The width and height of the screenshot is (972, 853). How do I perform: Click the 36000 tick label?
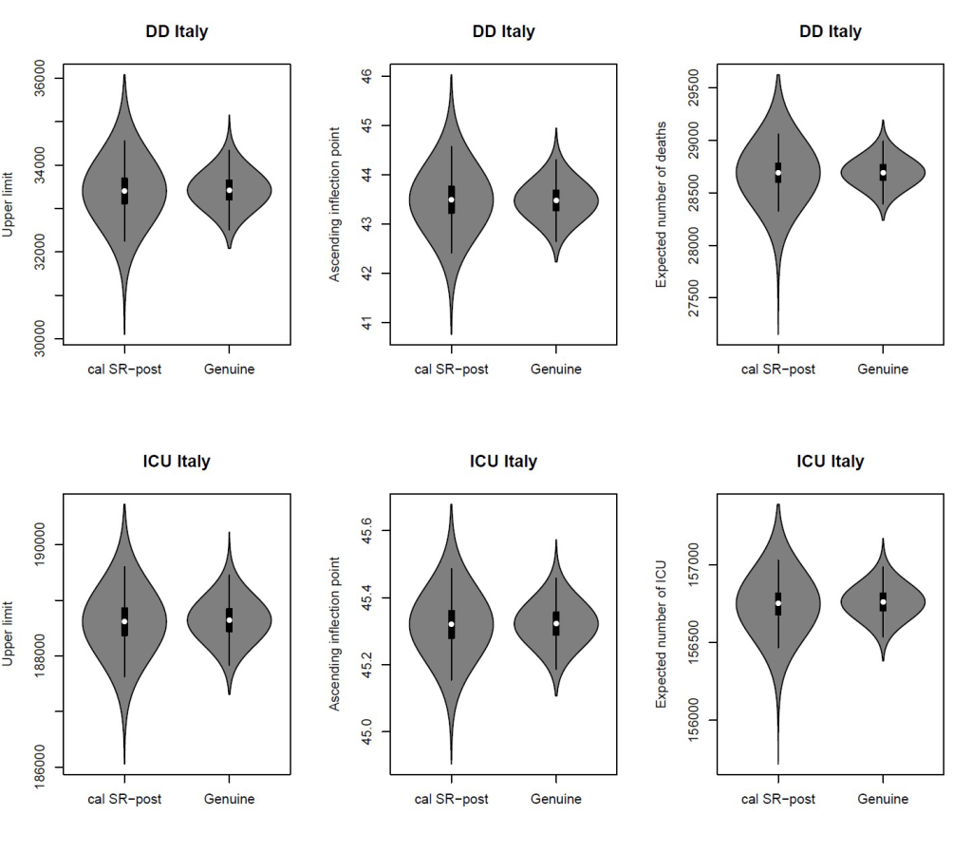click(40, 78)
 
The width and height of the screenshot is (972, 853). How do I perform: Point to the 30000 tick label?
click(40, 339)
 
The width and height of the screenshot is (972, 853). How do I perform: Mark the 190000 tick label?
click(40, 544)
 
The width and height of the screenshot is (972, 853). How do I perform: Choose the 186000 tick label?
click(40, 767)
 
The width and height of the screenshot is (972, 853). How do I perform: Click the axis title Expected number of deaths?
click(662, 204)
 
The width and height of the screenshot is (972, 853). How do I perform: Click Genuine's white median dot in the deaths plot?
click(883, 173)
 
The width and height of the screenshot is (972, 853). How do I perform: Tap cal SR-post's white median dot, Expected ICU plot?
click(778, 603)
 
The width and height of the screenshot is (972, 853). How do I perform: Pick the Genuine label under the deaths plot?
click(883, 370)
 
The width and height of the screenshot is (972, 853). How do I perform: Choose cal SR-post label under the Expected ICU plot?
click(778, 799)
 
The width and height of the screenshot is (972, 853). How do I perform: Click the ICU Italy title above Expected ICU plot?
click(831, 462)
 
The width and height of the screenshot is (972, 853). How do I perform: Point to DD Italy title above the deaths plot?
click(831, 31)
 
